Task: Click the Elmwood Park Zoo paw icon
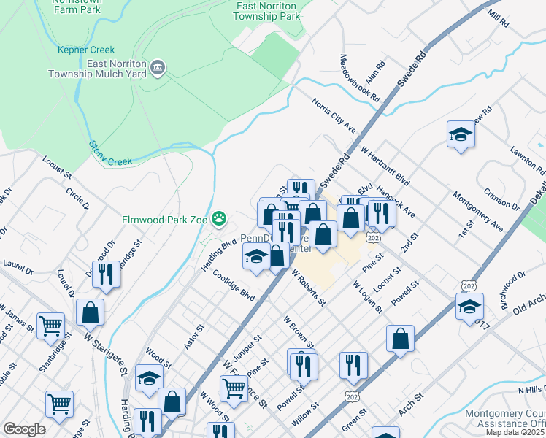pos(218,218)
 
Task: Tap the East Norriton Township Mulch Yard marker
pos(157,69)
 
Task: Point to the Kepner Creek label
pos(86,50)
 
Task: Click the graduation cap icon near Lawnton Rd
pos(461,134)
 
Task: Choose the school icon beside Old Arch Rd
pos(469,307)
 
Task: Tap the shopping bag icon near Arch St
pos(401,339)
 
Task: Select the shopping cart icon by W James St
pos(50,326)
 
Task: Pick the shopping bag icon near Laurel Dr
pos(90,312)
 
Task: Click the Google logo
pos(24,429)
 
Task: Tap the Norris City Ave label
pos(334,115)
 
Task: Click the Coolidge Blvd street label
pos(234,285)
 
